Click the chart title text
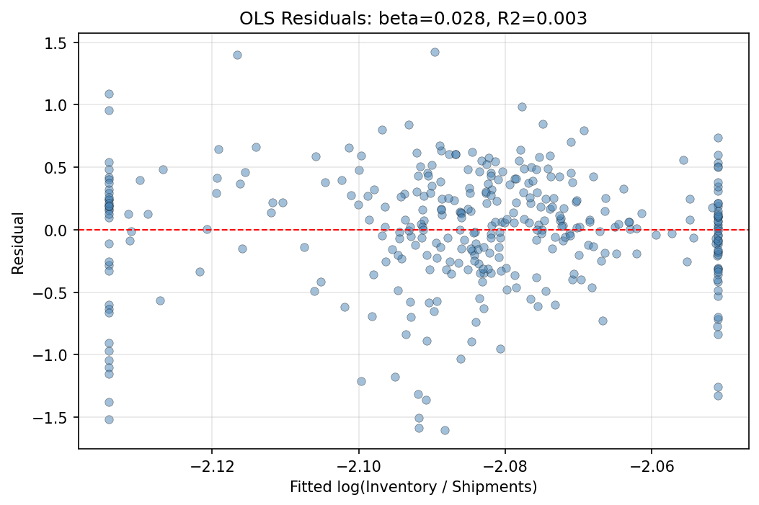click(413, 19)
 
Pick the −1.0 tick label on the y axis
click(56, 355)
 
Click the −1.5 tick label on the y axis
click(56, 418)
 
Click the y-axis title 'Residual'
click(17, 243)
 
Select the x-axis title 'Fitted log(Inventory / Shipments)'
click(413, 487)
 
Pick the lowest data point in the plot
click(445, 430)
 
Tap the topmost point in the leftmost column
click(109, 94)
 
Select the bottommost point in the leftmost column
click(109, 419)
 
